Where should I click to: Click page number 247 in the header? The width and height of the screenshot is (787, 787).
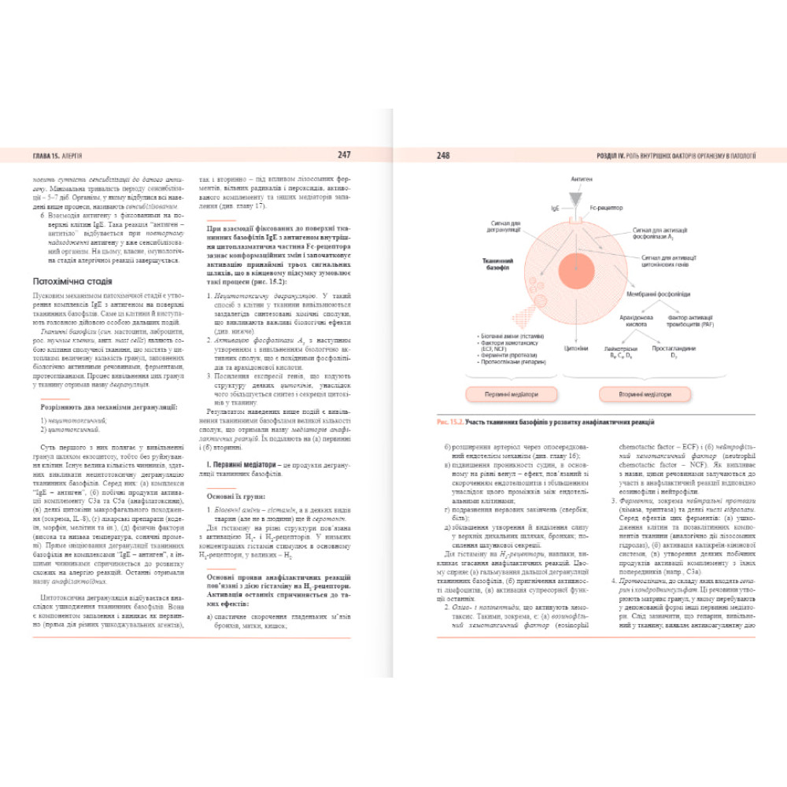[344, 155]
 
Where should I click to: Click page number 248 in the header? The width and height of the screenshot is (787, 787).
[443, 156]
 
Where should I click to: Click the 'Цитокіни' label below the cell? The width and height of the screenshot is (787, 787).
[578, 346]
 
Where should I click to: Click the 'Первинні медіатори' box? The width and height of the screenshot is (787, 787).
[512, 394]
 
